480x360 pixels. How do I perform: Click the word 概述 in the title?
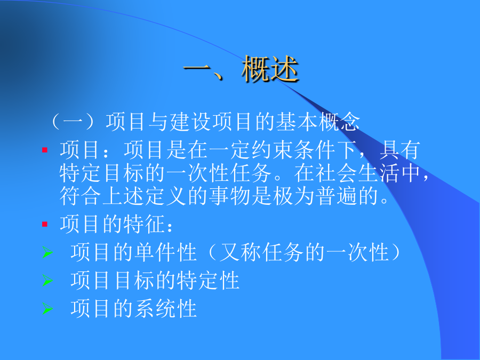click(x=270, y=69)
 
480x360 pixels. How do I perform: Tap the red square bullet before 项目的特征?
click(x=45, y=225)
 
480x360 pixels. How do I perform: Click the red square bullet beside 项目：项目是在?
click(x=45, y=150)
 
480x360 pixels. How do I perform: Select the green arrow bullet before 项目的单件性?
click(x=47, y=252)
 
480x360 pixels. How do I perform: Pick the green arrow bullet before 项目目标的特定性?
click(x=47, y=281)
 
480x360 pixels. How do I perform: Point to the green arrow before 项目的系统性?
click(x=47, y=308)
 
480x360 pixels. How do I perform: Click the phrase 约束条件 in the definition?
click(x=293, y=150)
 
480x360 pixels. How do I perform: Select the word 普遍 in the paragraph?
click(x=337, y=196)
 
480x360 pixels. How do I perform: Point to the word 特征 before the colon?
click(x=144, y=224)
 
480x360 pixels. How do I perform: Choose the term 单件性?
click(x=166, y=252)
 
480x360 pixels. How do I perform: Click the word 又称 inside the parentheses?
click(x=241, y=252)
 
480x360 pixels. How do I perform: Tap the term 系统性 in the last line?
click(x=166, y=308)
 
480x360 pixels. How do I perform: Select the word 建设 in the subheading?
click(x=190, y=122)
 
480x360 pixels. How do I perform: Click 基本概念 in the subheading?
click(x=318, y=122)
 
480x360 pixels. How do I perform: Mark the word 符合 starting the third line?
click(x=80, y=196)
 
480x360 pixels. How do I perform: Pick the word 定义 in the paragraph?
click(x=166, y=196)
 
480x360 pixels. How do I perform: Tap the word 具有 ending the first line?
click(x=400, y=150)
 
